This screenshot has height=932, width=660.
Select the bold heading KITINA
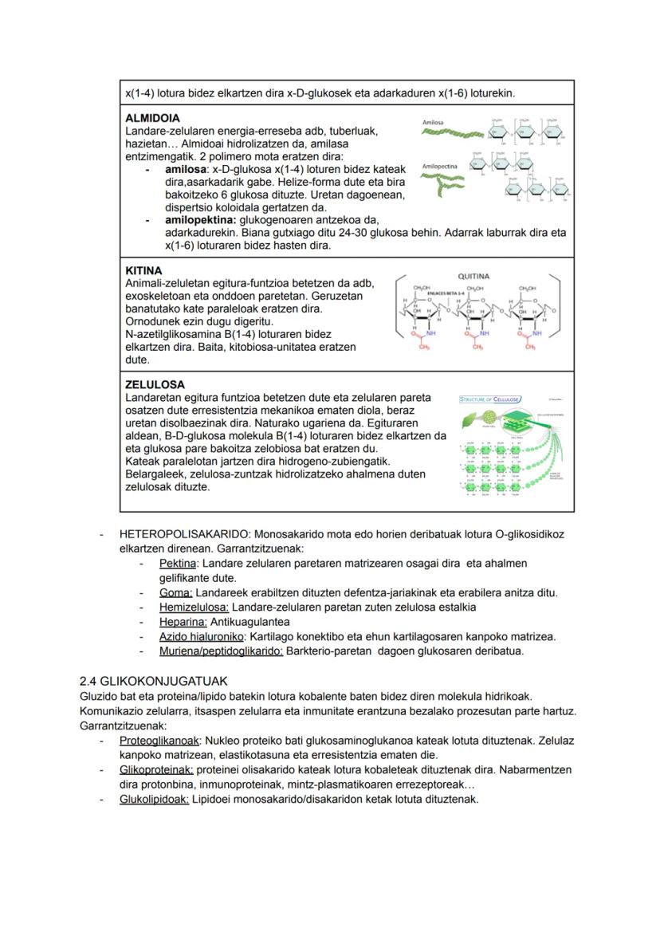click(144, 271)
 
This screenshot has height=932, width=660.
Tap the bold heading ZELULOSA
click(155, 384)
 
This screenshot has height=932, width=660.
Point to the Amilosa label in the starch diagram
click(434, 123)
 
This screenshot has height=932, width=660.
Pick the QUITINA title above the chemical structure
click(474, 276)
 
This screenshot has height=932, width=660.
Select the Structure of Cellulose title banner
click(490, 399)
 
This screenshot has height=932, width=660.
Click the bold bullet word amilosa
click(187, 170)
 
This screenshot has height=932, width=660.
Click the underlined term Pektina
click(178, 563)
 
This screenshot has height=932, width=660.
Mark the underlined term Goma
click(175, 592)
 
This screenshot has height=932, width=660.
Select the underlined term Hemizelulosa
click(194, 607)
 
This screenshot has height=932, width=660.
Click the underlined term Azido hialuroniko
click(202, 636)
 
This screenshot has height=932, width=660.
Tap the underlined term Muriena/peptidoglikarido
click(221, 651)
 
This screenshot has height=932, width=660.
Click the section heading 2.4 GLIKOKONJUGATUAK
click(154, 682)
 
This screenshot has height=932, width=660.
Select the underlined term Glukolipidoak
click(154, 800)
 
